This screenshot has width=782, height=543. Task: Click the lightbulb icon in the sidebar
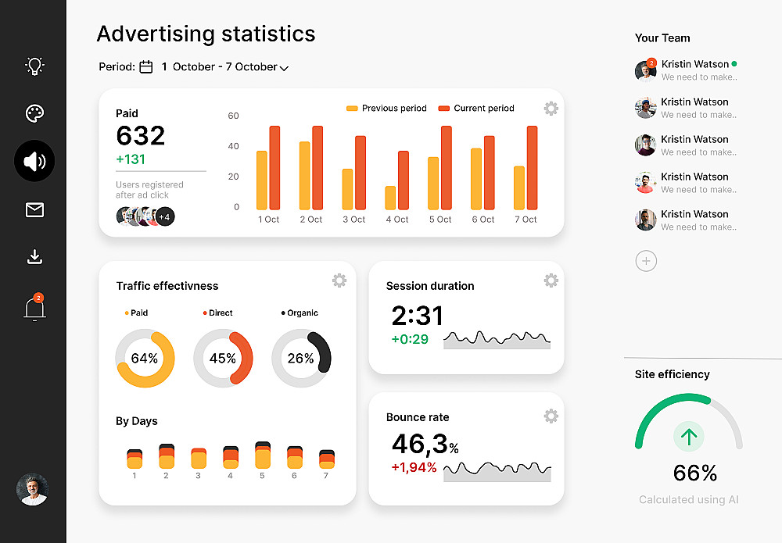click(34, 66)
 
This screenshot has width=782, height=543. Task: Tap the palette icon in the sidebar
click(34, 113)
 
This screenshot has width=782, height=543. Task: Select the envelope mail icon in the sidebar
click(34, 209)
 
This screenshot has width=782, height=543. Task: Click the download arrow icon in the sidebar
click(34, 256)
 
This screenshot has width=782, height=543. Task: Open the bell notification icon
click(34, 308)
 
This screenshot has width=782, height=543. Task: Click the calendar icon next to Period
click(146, 67)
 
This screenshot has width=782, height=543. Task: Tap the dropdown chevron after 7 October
click(284, 68)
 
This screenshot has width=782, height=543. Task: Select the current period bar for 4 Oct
click(404, 180)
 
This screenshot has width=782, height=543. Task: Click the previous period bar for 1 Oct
click(262, 180)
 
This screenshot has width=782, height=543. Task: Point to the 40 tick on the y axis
click(233, 146)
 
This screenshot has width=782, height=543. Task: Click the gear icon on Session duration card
click(551, 280)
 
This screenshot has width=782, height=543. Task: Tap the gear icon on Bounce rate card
click(551, 416)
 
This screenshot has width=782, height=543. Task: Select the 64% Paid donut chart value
click(145, 359)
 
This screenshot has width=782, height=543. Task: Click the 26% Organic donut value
click(301, 359)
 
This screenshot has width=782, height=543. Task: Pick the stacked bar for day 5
click(263, 455)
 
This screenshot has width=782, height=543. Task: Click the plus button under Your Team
click(646, 261)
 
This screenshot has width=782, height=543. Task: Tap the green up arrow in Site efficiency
click(689, 437)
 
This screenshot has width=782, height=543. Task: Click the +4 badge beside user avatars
click(164, 216)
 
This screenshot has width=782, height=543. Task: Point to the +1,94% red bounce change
click(414, 467)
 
